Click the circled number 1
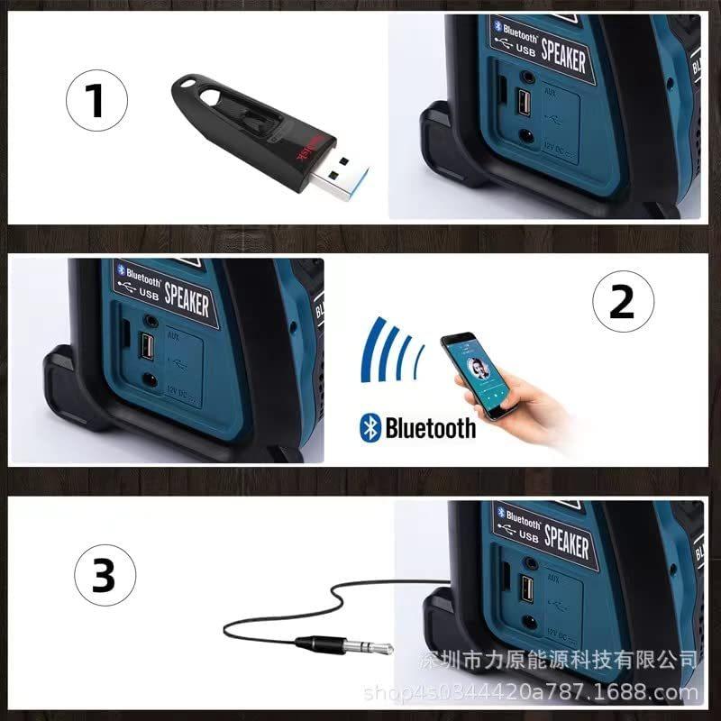tap(96, 101)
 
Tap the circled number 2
tap(621, 303)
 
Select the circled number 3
tap(105, 575)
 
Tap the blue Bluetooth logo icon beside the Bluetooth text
tap(370, 427)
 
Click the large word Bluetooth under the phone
tap(430, 427)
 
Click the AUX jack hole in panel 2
tap(150, 320)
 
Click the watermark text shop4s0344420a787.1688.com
tap(531, 692)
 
